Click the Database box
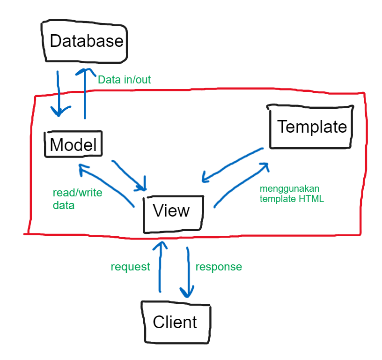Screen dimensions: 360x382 86,41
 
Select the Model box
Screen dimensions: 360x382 73,144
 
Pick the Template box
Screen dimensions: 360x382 311,127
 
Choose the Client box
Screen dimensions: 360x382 175,322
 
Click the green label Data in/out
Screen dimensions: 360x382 124,80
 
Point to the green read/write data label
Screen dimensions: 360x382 77,199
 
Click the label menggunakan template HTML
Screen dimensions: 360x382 293,194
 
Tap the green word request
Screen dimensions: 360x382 130,267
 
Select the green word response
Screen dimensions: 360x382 219,267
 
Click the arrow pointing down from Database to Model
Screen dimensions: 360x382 58,94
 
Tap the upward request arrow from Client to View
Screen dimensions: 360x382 161,267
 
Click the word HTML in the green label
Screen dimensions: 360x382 312,199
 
